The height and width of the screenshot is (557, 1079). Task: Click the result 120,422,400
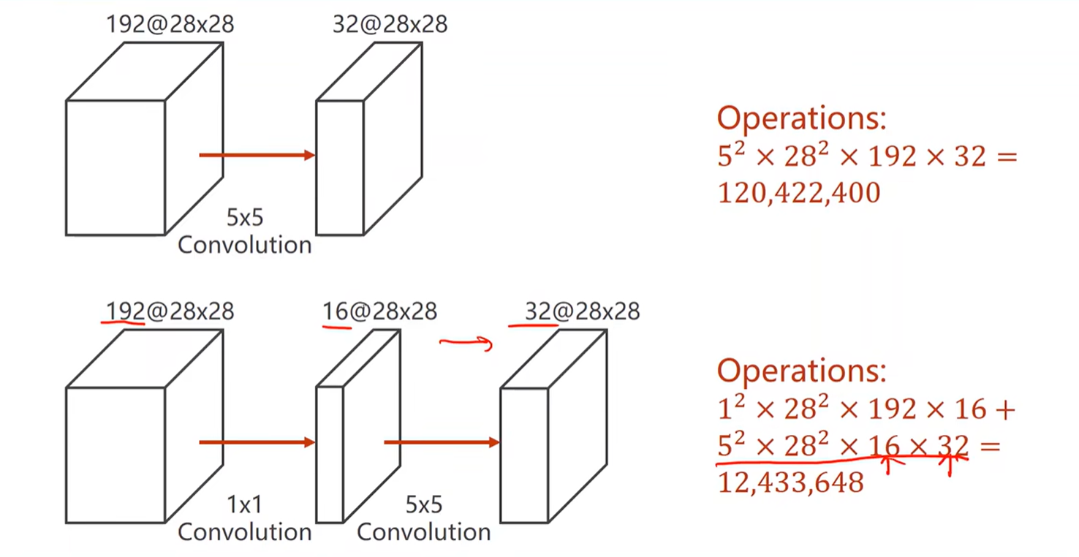(x=798, y=193)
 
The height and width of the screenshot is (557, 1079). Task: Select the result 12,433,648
(x=790, y=482)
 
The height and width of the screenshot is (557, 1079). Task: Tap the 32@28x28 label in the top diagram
(x=390, y=24)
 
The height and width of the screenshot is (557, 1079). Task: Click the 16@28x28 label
(x=379, y=312)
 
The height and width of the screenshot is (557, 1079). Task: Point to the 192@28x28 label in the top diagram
(x=170, y=24)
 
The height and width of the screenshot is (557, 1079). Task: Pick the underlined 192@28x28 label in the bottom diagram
(x=170, y=312)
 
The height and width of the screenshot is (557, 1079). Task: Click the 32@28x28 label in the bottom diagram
(x=582, y=312)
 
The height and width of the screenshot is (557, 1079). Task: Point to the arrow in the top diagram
(x=257, y=155)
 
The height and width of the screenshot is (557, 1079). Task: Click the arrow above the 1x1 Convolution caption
(x=257, y=442)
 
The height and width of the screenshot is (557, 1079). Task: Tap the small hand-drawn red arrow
(x=466, y=343)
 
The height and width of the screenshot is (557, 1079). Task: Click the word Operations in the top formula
(x=801, y=118)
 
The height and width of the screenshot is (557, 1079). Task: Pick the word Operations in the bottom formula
(x=801, y=371)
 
